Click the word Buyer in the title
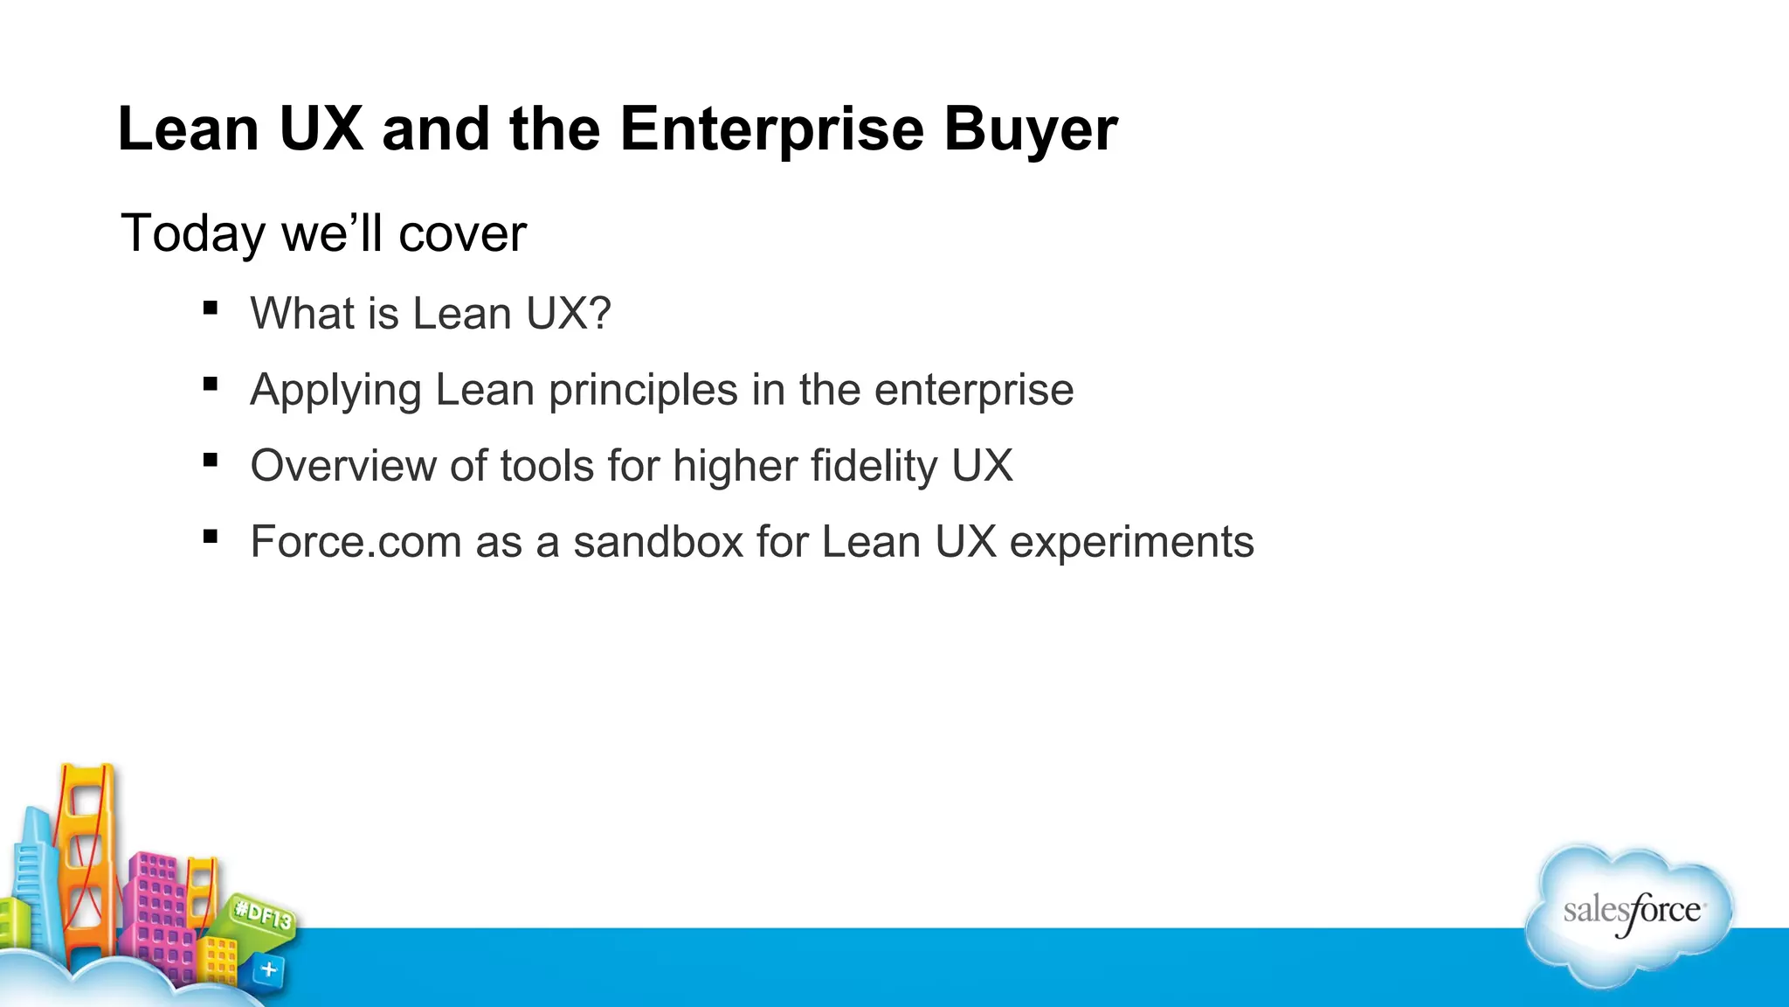[1030, 129]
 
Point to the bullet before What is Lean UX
[210, 308]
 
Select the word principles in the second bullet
[643, 390]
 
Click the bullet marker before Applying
[210, 384]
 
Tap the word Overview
[342, 466]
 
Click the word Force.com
[356, 542]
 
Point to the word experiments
[1131, 542]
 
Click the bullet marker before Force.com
[210, 536]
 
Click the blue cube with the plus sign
[268, 969]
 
